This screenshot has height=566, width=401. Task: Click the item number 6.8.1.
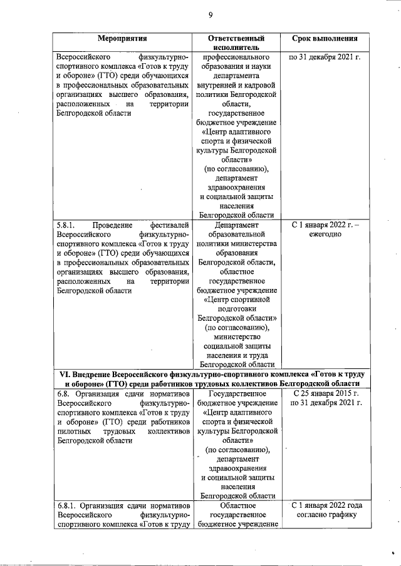[66, 505]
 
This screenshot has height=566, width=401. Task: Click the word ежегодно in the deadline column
[325, 235]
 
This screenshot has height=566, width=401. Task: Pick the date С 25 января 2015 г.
[325, 393]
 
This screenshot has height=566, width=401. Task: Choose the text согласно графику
[325, 515]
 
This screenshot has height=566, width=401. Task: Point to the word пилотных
[75, 431]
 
